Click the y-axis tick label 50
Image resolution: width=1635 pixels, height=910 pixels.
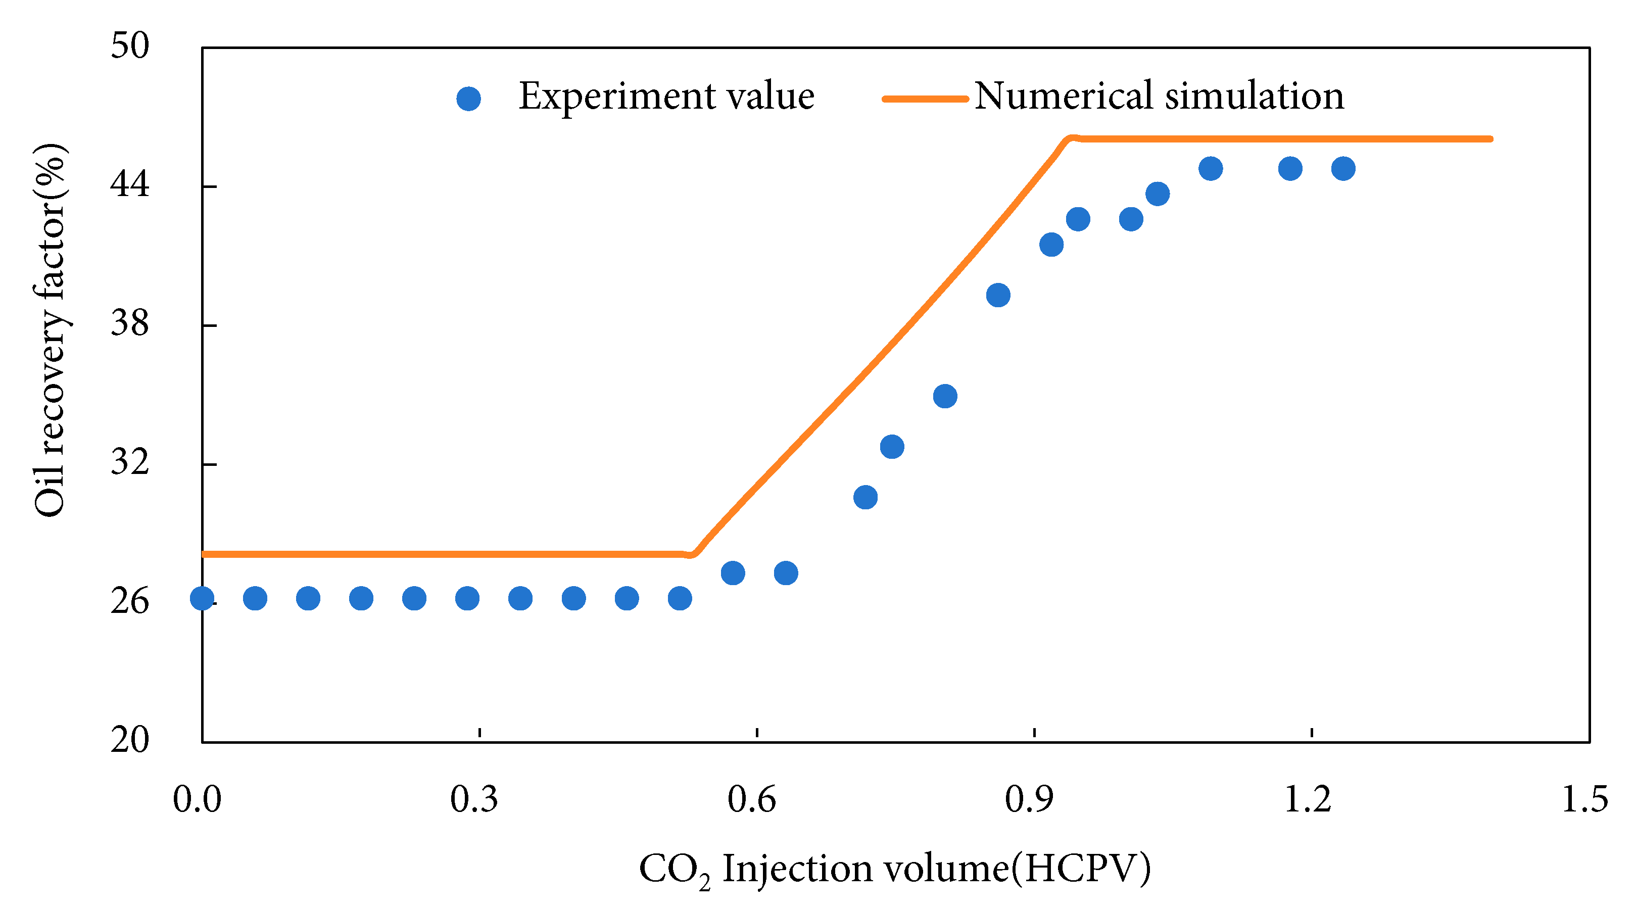pos(129,45)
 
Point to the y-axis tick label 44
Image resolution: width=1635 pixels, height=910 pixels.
pos(129,184)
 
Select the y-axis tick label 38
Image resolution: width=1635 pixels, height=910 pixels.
pos(129,324)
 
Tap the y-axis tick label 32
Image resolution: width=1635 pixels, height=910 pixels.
pos(129,462)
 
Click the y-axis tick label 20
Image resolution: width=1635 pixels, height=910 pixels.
pos(129,740)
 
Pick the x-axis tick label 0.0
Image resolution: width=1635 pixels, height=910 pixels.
pos(198,799)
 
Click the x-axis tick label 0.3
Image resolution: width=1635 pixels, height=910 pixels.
pos(474,799)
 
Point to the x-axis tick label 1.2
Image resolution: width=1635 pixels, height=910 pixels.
pos(1307,799)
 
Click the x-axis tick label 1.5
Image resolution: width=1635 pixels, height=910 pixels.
pos(1584,799)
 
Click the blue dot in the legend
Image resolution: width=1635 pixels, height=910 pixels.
pos(468,99)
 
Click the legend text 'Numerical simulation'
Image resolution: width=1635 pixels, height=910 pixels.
pos(1159,97)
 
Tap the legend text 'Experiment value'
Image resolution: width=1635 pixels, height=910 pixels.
pos(666,97)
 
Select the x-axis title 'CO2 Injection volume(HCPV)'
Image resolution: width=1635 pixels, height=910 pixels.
pos(894,870)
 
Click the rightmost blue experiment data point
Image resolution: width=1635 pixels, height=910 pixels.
pos(1343,169)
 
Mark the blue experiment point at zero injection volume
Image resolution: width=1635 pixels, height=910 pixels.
pos(202,598)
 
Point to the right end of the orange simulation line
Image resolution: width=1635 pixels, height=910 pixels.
pos(1490,138)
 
